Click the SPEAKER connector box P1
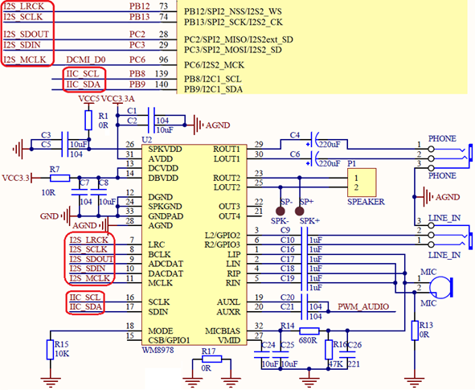[x=362, y=183]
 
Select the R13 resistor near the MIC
[x=416, y=330]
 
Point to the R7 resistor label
[x=54, y=169]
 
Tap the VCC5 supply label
[x=89, y=98]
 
